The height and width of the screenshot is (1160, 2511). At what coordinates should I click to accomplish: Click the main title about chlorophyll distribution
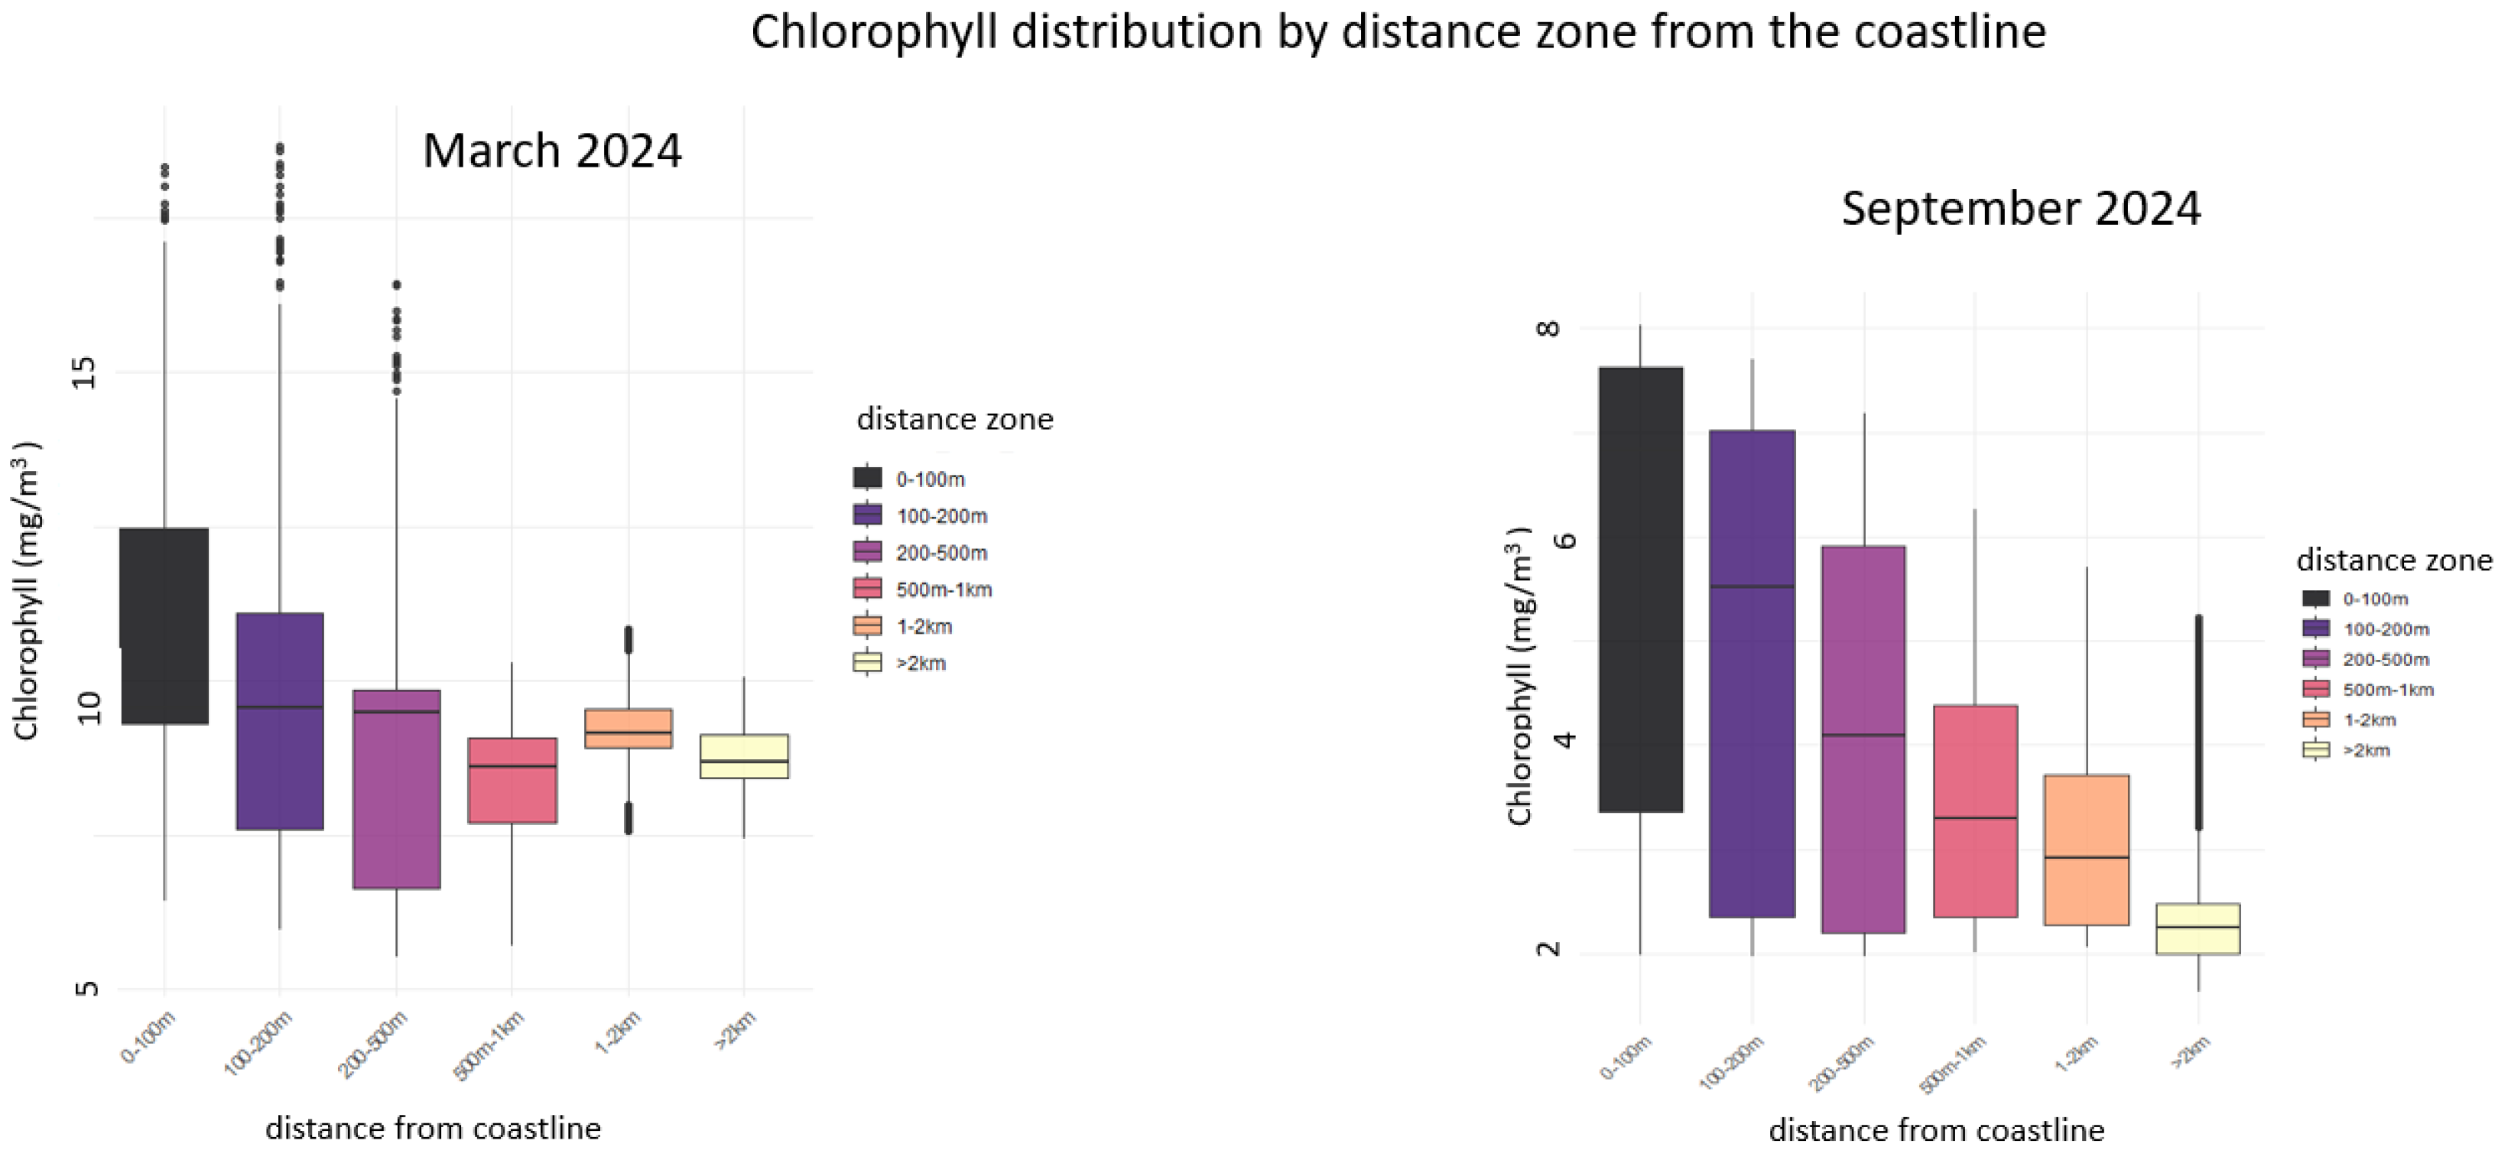(1398, 32)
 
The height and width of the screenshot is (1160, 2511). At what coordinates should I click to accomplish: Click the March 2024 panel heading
(552, 151)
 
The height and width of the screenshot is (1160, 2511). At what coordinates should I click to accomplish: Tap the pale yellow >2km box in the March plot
(744, 756)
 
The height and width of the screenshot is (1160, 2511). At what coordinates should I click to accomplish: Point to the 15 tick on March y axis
(86, 372)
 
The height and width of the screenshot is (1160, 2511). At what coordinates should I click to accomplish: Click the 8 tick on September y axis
(1548, 329)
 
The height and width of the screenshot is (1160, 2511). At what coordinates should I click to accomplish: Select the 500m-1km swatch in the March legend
(866, 589)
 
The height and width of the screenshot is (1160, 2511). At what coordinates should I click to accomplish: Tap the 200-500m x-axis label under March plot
(373, 1046)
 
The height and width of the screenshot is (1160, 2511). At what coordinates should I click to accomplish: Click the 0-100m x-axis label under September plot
(1626, 1058)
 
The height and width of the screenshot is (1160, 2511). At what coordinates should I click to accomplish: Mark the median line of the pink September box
(1975, 818)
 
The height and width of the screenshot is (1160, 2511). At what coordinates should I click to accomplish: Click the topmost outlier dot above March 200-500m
(397, 284)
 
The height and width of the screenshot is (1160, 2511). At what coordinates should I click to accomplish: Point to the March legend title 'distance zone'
(954, 419)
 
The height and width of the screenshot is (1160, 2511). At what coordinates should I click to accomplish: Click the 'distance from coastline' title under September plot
(1936, 1129)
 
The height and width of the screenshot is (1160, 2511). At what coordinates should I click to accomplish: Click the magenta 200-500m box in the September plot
(1863, 740)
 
